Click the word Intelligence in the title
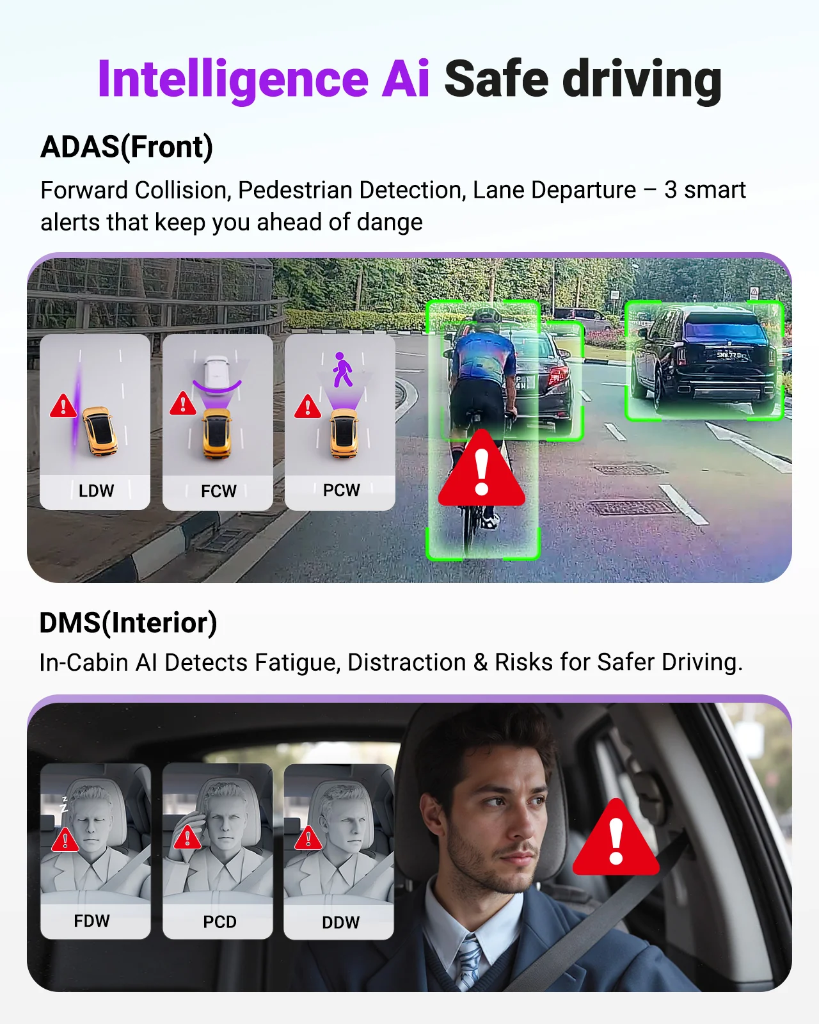tap(233, 79)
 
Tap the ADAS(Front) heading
tap(127, 147)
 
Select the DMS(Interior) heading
tap(128, 623)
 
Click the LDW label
tap(96, 491)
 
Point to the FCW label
tap(218, 492)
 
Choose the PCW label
tap(341, 490)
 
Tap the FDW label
tap(92, 921)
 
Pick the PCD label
tap(219, 922)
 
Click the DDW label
tap(340, 923)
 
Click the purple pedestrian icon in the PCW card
tap(342, 370)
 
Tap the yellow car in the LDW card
tap(100, 430)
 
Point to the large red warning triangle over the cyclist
tap(481, 470)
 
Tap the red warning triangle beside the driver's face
tap(616, 840)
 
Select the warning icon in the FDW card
tap(65, 840)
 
